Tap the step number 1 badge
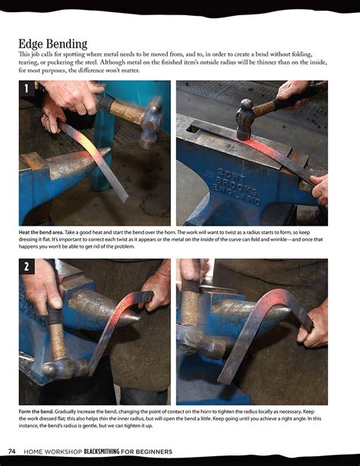[x=26, y=88]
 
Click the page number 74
[x=12, y=452]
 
